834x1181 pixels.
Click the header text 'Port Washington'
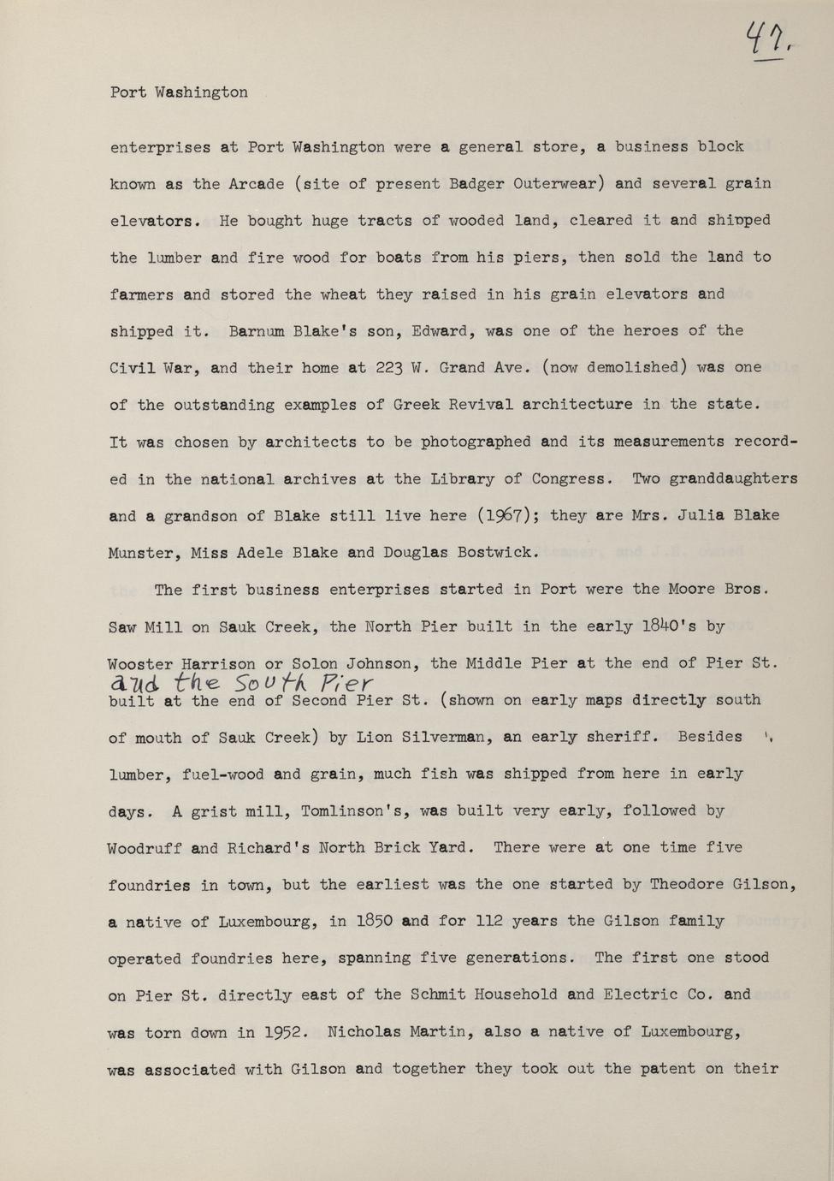pyautogui.click(x=179, y=92)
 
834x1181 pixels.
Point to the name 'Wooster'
pyautogui.click(x=140, y=663)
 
